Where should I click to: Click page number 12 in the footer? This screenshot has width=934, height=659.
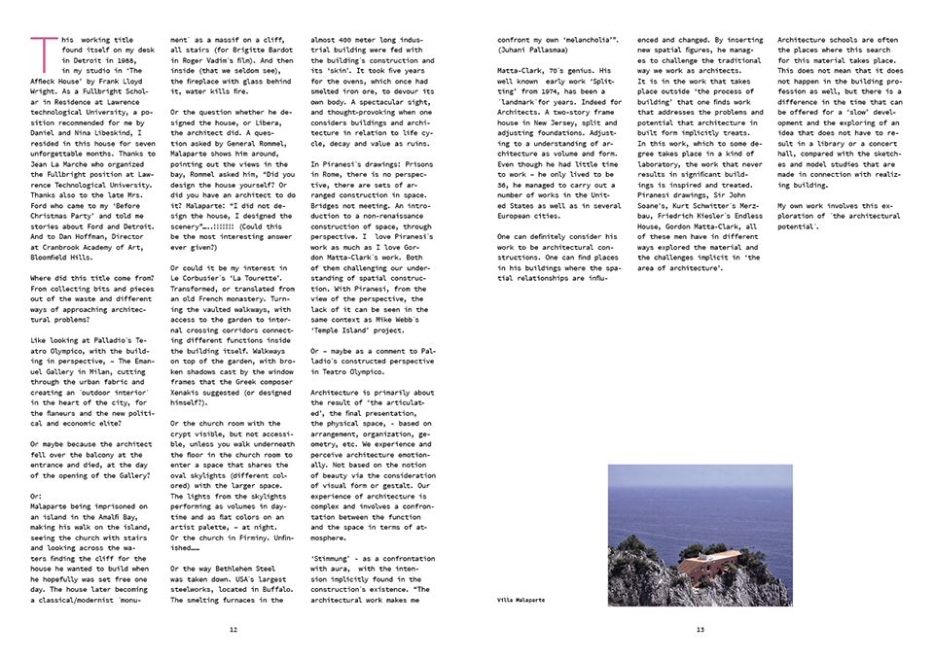point(233,629)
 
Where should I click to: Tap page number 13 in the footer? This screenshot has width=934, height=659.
point(700,629)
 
